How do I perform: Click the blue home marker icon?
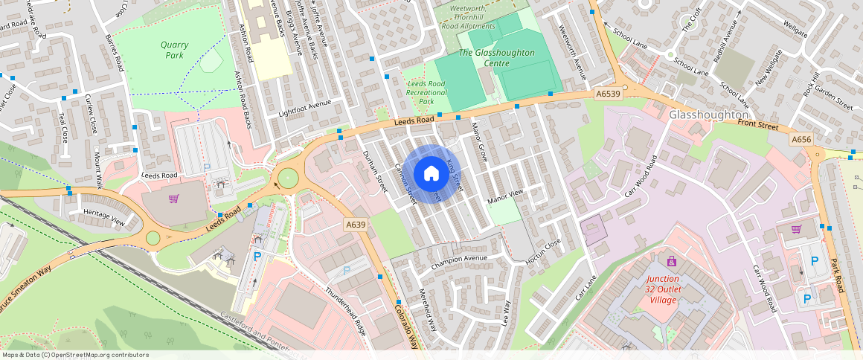pyautogui.click(x=431, y=174)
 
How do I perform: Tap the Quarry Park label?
pyautogui.click(x=174, y=50)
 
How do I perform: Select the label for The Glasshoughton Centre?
pyautogui.click(x=496, y=58)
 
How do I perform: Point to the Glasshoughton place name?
pyautogui.click(x=708, y=115)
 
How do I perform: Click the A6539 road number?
pyautogui.click(x=608, y=93)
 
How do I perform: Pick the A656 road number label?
pyautogui.click(x=801, y=139)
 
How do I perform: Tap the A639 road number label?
pyautogui.click(x=354, y=224)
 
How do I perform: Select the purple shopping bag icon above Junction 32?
pyautogui.click(x=672, y=261)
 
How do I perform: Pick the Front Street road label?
pyautogui.click(x=757, y=124)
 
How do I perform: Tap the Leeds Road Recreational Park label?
pyautogui.click(x=427, y=92)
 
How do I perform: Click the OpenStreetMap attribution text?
pyautogui.click(x=74, y=355)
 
